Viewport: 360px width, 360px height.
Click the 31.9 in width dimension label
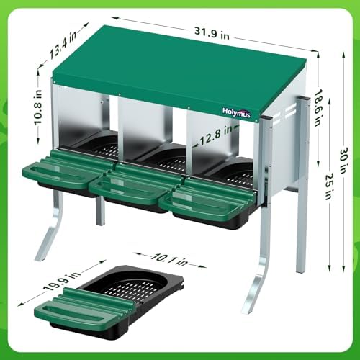point(212,33)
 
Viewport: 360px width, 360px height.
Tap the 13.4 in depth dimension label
point(63,45)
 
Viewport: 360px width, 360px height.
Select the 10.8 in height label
point(37,107)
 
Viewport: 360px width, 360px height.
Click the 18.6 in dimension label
point(318,108)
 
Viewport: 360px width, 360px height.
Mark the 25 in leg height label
point(328,187)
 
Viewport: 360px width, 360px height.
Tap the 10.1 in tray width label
point(169,260)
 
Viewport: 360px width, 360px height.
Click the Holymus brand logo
point(236,112)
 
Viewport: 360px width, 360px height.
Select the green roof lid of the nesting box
point(179,72)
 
